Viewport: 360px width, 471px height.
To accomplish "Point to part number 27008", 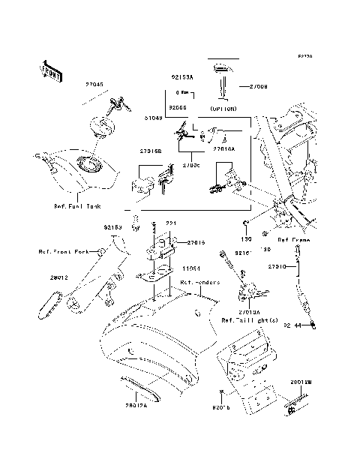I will coord(257,86).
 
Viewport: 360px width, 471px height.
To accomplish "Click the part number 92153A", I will coord(181,77).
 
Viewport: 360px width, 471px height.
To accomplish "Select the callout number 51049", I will coord(155,117).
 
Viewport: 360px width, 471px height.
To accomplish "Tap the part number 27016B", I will coord(150,151).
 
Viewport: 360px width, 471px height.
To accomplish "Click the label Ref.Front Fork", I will coord(64,252).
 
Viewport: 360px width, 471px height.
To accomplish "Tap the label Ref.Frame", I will coord(293,240).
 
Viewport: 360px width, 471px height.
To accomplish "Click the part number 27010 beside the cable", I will coord(278,265).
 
